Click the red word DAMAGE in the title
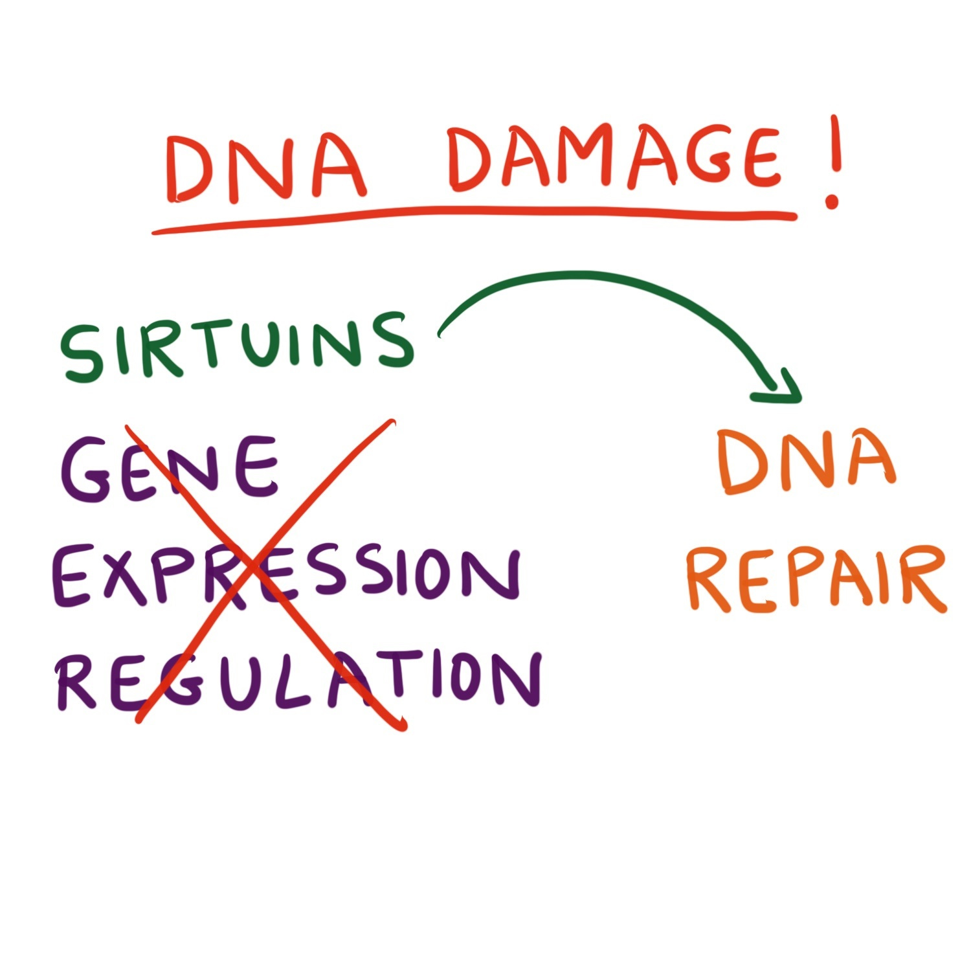pos(615,159)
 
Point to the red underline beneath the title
pos(473,217)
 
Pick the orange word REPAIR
pos(816,579)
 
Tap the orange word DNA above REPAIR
pos(806,461)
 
